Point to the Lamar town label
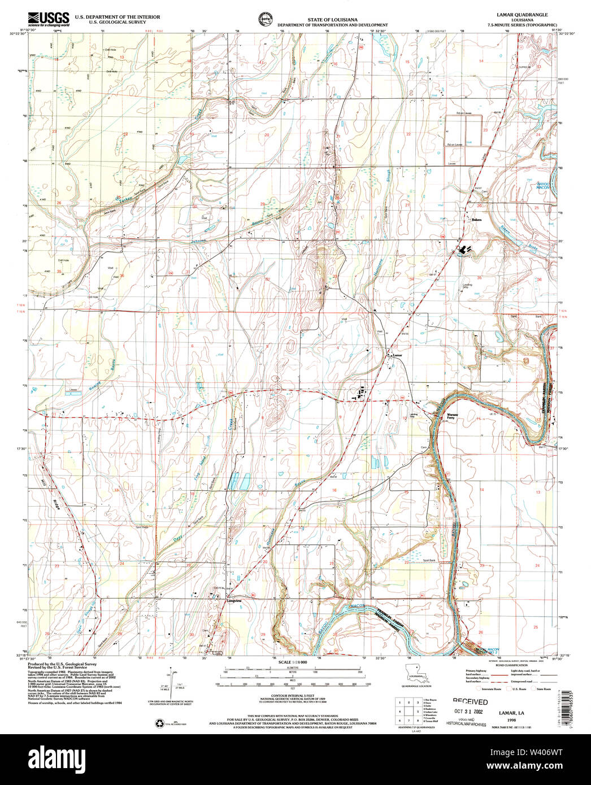point(398,355)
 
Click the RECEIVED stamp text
point(466,701)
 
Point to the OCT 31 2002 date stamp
point(469,713)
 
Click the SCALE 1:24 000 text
point(292,662)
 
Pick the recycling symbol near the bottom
point(158,722)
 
